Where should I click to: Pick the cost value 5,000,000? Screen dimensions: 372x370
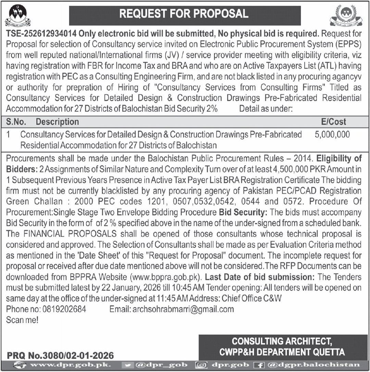pyautogui.click(x=332, y=134)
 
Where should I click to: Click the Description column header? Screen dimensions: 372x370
pyautogui.click(x=57, y=122)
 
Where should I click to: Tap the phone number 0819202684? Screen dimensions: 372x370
pyautogui.click(x=64, y=309)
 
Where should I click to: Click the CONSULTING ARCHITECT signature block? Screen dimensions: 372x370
pyautogui.click(x=282, y=347)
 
